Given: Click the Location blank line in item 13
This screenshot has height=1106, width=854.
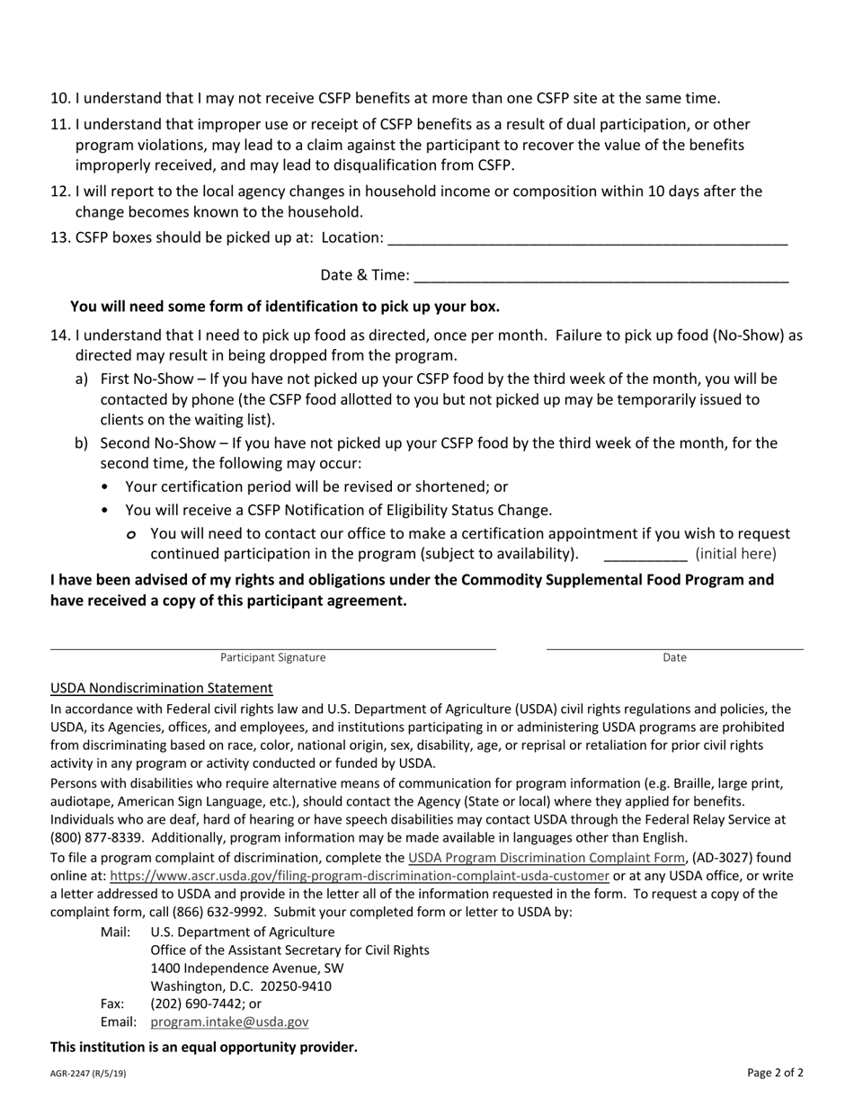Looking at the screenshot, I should [x=589, y=241].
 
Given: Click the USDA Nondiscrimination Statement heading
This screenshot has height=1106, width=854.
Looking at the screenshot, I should [x=162, y=688].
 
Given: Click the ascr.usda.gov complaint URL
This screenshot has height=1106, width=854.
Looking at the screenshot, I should [x=360, y=876].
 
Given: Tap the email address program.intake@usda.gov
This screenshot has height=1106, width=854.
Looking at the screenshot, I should [x=229, y=1021].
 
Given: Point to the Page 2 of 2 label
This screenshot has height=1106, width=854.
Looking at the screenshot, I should [x=775, y=1072].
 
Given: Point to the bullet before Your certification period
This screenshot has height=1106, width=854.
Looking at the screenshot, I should [x=106, y=487].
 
